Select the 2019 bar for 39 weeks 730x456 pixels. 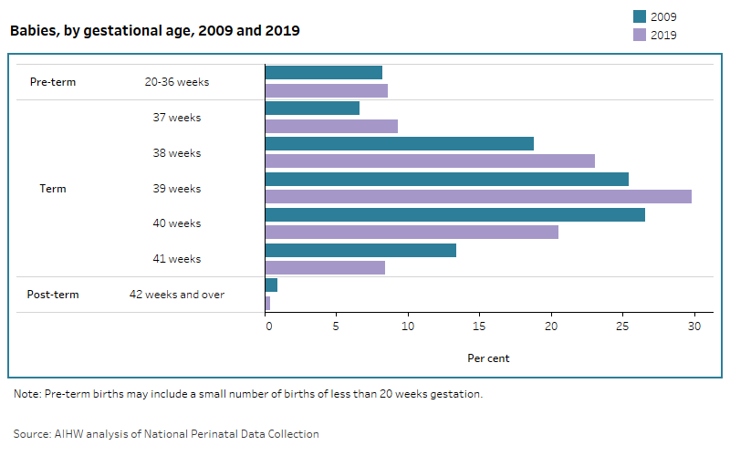click(x=478, y=196)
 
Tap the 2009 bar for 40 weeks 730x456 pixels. click(x=454, y=214)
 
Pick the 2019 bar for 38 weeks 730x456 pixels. click(x=430, y=161)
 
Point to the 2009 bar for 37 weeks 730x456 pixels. click(x=312, y=108)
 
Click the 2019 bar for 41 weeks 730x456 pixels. click(x=325, y=267)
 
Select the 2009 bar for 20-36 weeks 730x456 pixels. click(x=324, y=72)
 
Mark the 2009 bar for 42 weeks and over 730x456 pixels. click(x=271, y=285)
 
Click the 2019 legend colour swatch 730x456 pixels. click(x=640, y=35)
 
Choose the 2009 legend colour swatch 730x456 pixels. click(x=640, y=16)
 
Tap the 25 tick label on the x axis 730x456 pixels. click(x=622, y=326)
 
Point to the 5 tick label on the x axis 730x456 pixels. click(x=337, y=326)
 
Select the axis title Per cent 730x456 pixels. click(x=488, y=358)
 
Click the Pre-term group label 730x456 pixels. click(x=53, y=82)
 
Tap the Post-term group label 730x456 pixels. click(x=53, y=295)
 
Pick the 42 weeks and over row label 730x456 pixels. click(x=177, y=295)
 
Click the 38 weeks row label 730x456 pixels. click(x=177, y=153)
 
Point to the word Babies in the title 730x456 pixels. click(x=32, y=31)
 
